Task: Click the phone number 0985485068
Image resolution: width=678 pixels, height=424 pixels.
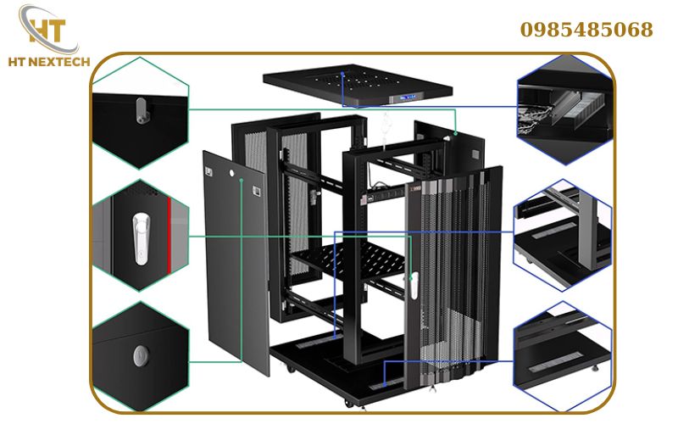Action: [x=586, y=31]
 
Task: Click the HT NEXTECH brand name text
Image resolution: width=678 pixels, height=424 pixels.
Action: [x=47, y=62]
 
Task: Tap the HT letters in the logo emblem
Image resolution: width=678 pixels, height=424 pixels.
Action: [x=47, y=27]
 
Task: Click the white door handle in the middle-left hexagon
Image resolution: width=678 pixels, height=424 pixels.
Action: [x=138, y=236]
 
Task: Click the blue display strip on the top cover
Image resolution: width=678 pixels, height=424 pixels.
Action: [x=402, y=98]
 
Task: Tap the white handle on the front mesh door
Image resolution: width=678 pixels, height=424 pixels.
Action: [x=414, y=284]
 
